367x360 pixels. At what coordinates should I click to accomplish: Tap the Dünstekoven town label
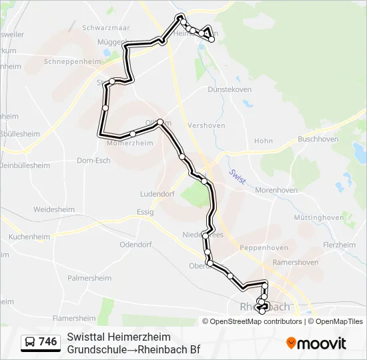point(230,89)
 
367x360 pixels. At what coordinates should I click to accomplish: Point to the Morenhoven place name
point(276,190)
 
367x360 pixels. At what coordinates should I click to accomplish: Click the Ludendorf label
point(156,194)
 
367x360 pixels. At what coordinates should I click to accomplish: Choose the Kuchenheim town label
point(30,237)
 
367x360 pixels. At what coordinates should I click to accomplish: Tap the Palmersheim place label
point(88,277)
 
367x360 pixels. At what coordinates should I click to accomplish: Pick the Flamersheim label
point(74,318)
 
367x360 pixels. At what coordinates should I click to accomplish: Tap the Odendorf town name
point(137,245)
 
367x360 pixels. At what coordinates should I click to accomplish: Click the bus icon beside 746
point(30,343)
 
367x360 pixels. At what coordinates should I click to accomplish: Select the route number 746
point(48,342)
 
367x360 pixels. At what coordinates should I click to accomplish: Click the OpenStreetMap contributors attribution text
point(255,321)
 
